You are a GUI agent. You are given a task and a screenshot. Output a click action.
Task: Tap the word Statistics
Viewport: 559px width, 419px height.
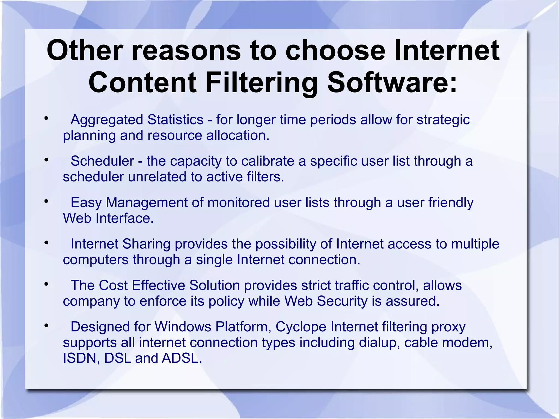pos(175,120)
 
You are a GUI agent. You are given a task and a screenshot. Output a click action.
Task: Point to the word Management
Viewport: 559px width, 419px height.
pos(154,203)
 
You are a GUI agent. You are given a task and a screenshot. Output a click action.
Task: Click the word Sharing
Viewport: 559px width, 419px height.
pos(146,244)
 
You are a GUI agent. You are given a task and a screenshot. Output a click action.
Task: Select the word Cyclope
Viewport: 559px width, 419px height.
pos(301,327)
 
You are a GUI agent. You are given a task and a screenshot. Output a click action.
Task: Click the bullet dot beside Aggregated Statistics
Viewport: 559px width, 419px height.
pos(47,118)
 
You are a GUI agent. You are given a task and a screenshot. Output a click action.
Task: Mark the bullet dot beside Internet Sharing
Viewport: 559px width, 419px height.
pos(47,242)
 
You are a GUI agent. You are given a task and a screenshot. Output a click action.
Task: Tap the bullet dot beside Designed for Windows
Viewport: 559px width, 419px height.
pos(47,325)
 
